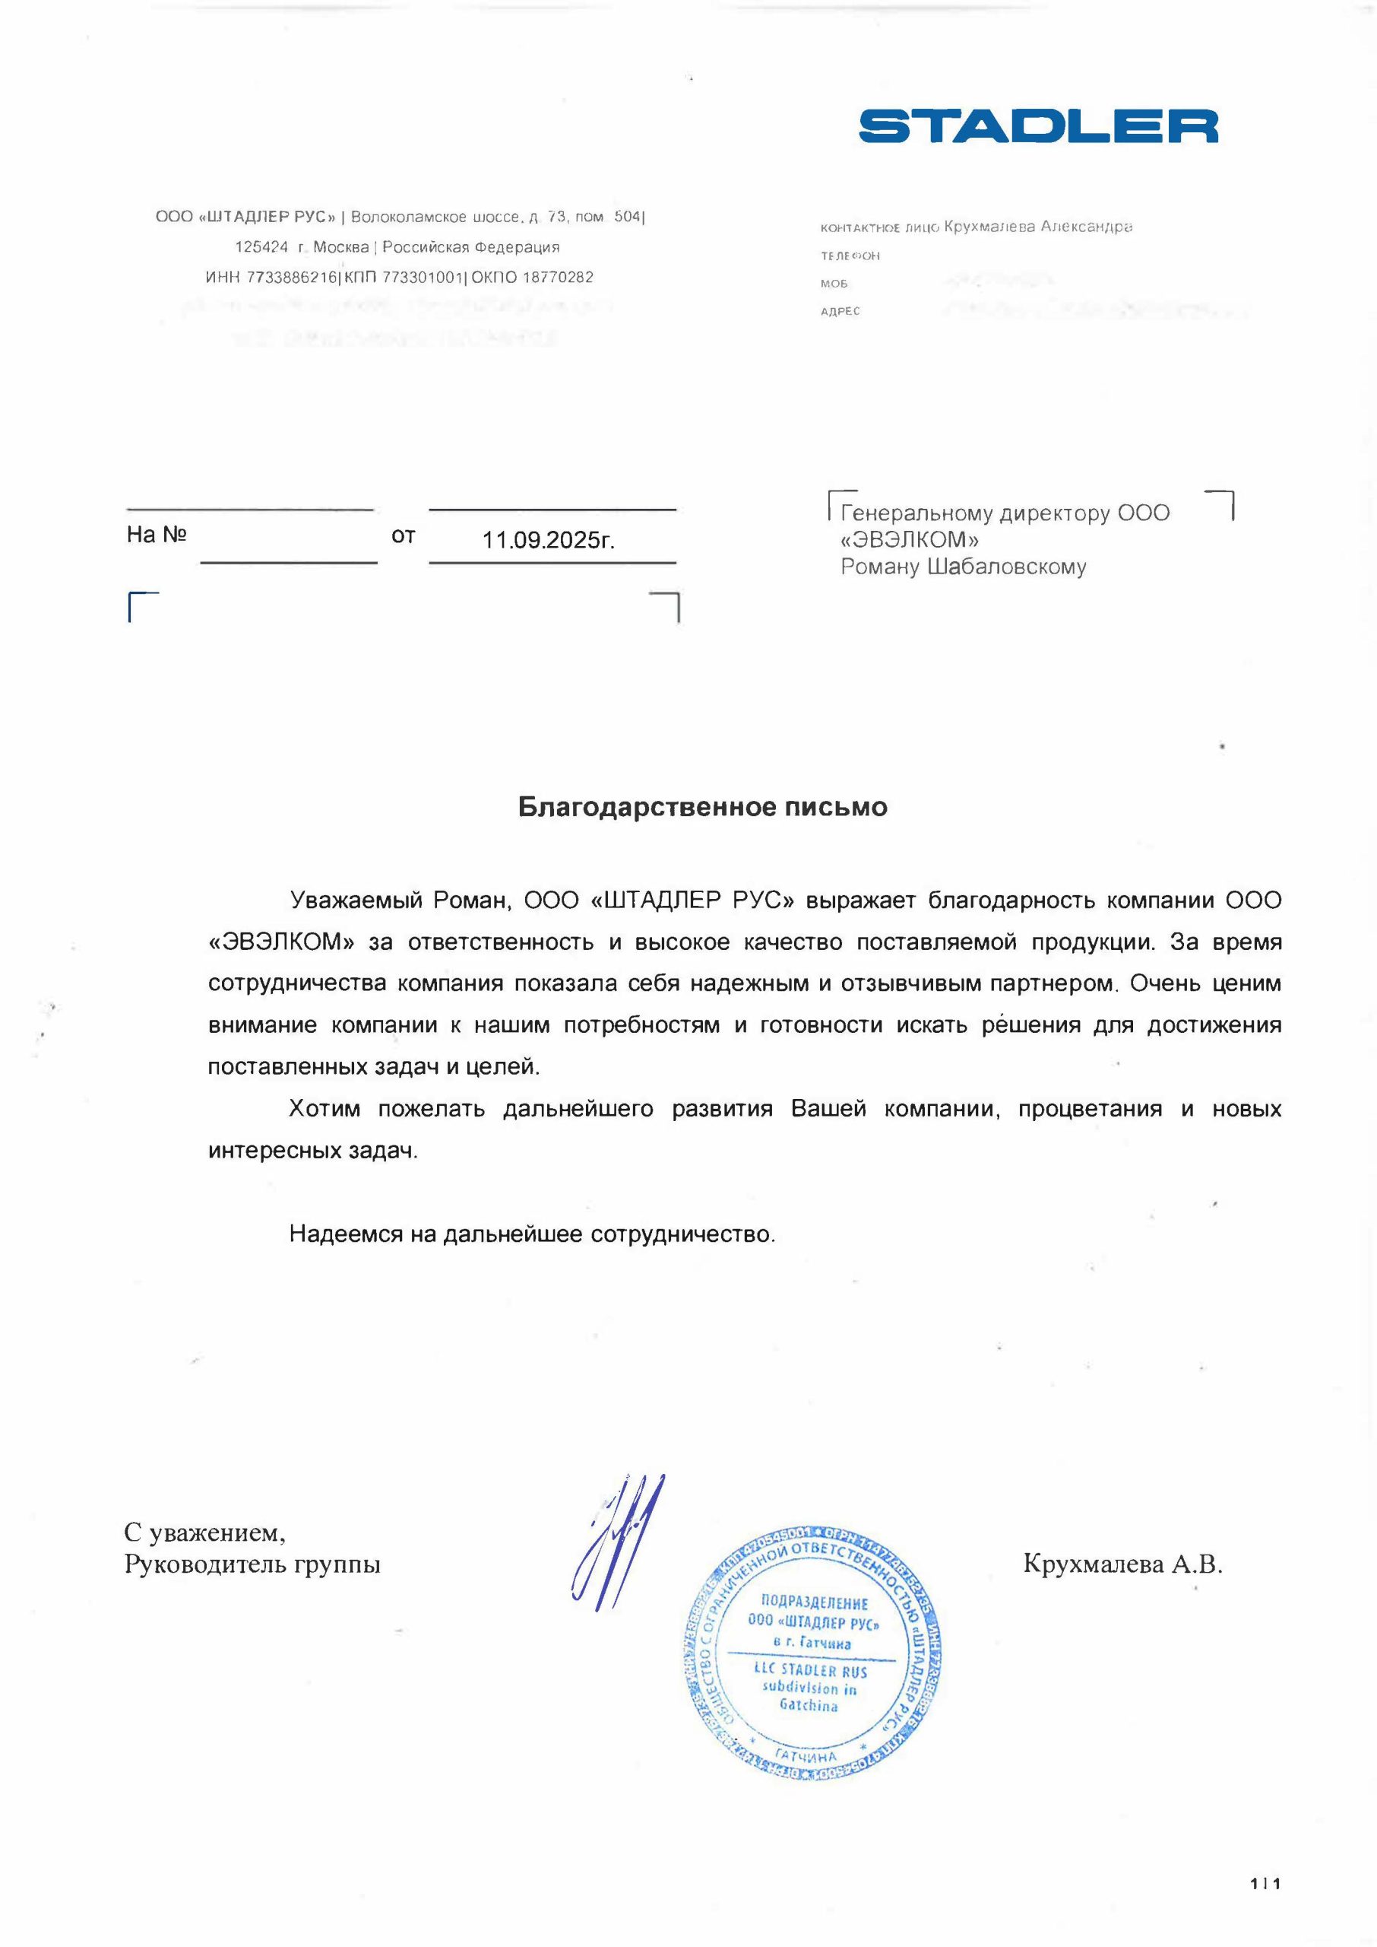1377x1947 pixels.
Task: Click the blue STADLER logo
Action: point(1038,125)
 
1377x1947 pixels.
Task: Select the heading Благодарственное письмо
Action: point(702,807)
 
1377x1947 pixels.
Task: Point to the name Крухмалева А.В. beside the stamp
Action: point(1122,1564)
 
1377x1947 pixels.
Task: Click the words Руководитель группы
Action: point(252,1564)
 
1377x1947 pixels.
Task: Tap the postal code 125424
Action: point(261,247)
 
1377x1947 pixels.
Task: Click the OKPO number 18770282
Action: point(557,278)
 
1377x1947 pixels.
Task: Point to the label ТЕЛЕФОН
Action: point(850,256)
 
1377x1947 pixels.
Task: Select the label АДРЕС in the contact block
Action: point(840,311)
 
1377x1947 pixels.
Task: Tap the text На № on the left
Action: point(156,535)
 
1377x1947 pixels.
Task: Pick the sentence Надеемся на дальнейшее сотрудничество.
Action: point(532,1234)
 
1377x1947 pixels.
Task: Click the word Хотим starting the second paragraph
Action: point(324,1109)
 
